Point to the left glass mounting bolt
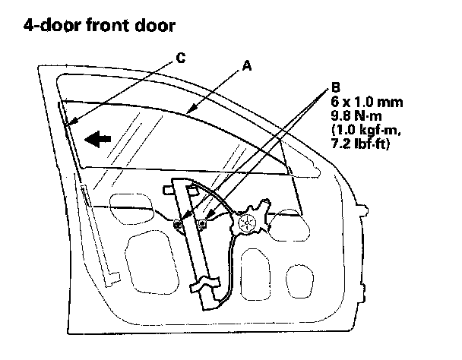pyautogui.click(x=177, y=223)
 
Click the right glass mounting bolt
pyautogui.click(x=202, y=224)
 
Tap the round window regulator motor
pyautogui.click(x=247, y=223)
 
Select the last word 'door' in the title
pyautogui.click(x=155, y=26)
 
